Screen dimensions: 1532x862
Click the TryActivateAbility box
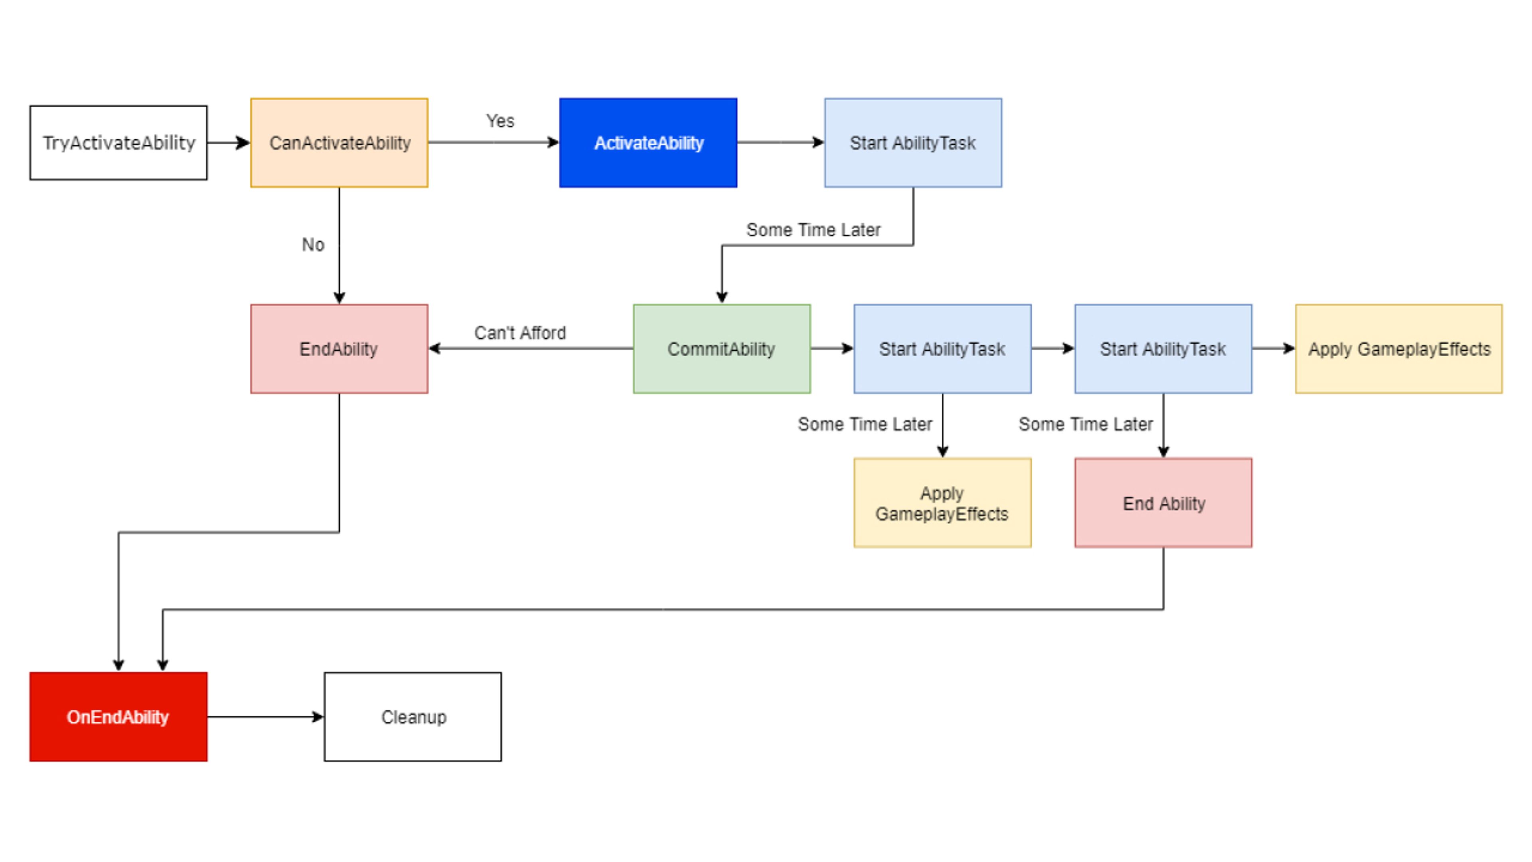click(118, 143)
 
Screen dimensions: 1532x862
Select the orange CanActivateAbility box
click(339, 143)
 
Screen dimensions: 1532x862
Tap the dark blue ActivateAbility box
click(648, 143)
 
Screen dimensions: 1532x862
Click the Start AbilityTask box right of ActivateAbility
click(913, 143)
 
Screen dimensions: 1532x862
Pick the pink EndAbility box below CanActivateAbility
click(339, 349)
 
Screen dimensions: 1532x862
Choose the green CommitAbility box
click(721, 349)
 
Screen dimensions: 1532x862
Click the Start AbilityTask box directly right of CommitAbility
click(942, 349)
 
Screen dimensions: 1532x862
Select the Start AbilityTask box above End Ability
click(1163, 349)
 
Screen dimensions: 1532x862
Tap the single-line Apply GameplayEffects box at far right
click(1399, 349)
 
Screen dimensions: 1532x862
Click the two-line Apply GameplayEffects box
click(942, 503)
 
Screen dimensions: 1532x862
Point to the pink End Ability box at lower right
click(1163, 503)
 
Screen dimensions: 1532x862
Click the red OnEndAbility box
click(118, 716)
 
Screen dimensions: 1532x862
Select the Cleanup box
click(413, 716)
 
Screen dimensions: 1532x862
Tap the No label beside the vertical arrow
click(313, 245)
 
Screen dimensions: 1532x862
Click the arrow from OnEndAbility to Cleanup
click(266, 716)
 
